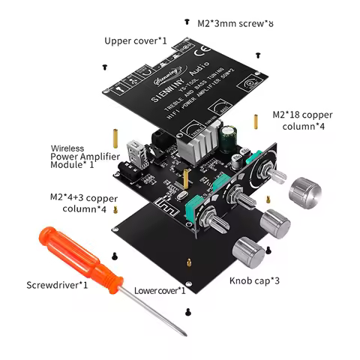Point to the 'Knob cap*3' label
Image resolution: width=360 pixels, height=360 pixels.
tap(255, 281)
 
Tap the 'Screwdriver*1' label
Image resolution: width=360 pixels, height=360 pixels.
tap(58, 285)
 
